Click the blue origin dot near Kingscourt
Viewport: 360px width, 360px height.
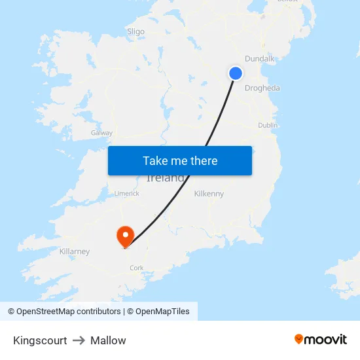click(236, 73)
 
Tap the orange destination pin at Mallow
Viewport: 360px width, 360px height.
click(124, 236)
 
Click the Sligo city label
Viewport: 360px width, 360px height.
click(135, 31)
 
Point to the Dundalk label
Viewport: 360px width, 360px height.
click(260, 59)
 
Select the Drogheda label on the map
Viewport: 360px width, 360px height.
click(262, 88)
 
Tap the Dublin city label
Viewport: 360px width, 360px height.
click(268, 125)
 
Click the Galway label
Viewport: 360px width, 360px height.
click(101, 133)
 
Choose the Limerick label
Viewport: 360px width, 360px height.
click(127, 194)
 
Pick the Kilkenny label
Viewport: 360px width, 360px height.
click(209, 194)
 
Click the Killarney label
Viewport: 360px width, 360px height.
click(74, 251)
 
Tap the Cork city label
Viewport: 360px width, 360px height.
click(136, 268)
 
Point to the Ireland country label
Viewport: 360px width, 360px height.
click(165, 178)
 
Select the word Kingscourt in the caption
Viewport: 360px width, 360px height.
click(40, 340)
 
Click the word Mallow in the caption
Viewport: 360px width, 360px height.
click(108, 340)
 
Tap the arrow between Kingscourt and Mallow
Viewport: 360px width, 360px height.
click(79, 340)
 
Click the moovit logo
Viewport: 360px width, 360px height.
click(320, 339)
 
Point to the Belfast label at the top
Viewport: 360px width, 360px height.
click(287, 2)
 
